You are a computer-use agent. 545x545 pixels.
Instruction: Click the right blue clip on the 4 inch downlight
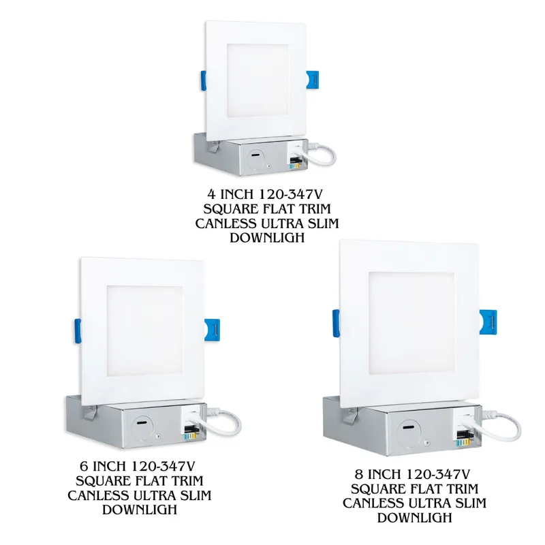point(312,81)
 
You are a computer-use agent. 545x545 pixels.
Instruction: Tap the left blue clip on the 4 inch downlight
point(203,80)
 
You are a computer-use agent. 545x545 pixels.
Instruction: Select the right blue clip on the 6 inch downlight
point(212,330)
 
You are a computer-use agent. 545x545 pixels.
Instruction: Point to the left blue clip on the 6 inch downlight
point(78,331)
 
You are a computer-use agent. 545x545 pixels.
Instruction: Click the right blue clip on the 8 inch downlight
point(488,322)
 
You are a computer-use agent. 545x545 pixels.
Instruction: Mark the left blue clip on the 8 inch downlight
point(336,323)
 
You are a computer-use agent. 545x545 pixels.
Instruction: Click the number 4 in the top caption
point(211,194)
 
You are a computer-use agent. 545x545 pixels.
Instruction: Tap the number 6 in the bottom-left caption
point(83,465)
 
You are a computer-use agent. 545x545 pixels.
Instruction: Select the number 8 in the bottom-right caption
point(359,474)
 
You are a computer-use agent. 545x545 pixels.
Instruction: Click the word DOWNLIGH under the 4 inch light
point(267,238)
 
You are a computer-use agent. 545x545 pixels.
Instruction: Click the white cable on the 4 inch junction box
point(319,153)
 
